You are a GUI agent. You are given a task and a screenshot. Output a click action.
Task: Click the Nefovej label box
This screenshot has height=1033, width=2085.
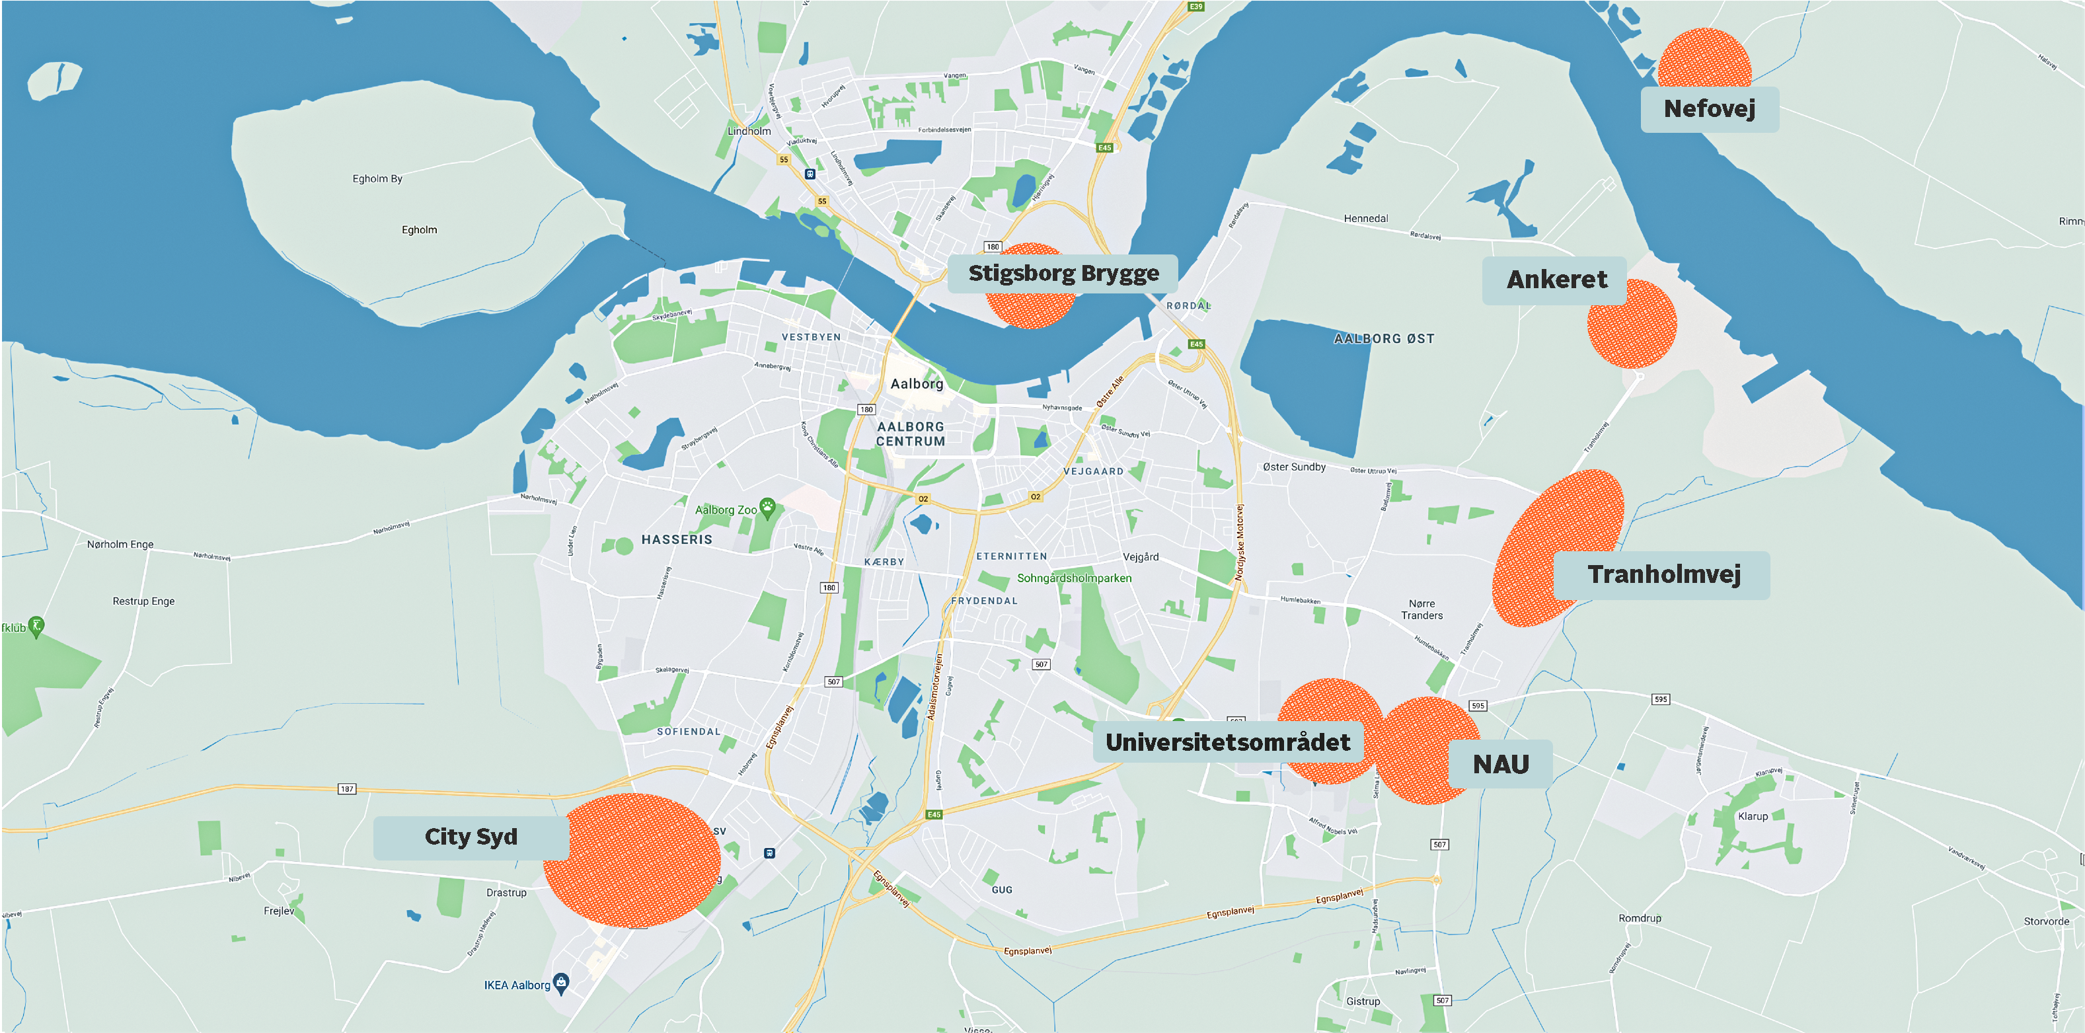point(1710,109)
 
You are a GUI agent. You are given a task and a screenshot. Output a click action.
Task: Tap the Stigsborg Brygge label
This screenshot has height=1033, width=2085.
point(1063,274)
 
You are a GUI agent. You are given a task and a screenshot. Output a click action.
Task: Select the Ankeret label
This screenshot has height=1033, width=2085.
point(1556,280)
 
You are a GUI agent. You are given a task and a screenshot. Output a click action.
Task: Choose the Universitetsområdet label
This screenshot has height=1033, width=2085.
point(1227,742)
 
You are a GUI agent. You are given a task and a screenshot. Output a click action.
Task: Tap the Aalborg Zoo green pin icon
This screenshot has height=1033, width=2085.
point(767,508)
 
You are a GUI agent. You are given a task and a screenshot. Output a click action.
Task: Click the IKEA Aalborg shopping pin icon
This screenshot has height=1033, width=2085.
point(561,983)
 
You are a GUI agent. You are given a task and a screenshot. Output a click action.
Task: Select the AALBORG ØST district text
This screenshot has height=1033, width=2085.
point(1384,339)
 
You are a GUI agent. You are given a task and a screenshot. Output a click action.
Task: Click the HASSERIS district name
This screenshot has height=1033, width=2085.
point(677,540)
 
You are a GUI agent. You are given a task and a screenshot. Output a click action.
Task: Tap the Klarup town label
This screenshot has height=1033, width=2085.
point(1753,816)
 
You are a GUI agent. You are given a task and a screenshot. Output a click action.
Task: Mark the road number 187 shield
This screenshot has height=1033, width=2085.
point(346,788)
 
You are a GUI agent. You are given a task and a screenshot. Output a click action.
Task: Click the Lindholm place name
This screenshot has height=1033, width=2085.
point(749,131)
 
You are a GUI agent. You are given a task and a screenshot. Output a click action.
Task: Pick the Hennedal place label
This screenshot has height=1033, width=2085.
point(1365,219)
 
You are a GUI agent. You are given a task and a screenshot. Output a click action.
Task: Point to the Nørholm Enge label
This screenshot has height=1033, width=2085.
point(120,545)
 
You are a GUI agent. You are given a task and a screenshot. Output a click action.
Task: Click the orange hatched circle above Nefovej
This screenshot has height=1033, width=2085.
point(1704,58)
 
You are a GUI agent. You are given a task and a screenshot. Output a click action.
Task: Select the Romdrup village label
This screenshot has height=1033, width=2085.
point(1640,918)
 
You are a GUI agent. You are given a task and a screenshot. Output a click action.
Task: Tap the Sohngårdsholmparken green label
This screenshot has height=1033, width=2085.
point(1074,579)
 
